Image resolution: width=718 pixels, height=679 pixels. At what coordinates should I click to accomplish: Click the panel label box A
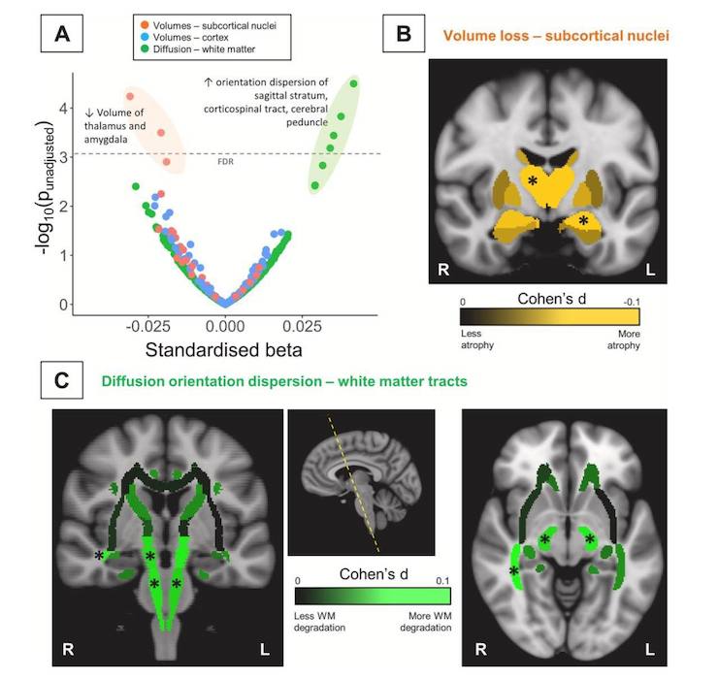(62, 33)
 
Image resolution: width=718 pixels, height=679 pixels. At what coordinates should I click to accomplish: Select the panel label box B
(404, 33)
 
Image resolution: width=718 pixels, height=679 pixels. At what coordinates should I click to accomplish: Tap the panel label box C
(62, 380)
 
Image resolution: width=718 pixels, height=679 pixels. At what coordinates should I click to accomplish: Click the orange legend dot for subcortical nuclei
(145, 25)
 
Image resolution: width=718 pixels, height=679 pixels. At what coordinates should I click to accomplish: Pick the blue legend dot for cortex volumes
(145, 37)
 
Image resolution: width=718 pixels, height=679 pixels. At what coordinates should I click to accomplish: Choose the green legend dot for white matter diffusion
(145, 49)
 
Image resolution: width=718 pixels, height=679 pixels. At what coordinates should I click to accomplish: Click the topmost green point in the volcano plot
(353, 83)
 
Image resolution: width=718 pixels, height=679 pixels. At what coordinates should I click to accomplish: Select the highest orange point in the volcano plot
(130, 96)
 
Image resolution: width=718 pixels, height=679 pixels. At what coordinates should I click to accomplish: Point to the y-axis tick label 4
(63, 109)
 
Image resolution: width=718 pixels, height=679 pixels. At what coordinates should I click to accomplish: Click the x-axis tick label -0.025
(147, 327)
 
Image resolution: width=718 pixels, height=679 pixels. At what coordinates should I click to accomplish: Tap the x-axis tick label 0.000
(225, 327)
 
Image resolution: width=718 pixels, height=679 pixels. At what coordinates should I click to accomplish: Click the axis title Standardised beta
(223, 350)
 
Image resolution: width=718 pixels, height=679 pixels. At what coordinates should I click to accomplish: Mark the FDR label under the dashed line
(225, 162)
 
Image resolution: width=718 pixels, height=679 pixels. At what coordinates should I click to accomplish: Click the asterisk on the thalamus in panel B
(532, 180)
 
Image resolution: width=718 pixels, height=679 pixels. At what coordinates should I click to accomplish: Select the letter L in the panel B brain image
(650, 270)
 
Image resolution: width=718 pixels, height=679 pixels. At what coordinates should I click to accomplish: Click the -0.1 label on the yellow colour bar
(632, 303)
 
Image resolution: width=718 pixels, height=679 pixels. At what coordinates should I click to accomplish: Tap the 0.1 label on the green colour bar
(442, 581)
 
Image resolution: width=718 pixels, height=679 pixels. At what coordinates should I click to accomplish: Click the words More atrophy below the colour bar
(624, 339)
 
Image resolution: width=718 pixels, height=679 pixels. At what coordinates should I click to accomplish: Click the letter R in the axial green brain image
(481, 649)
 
